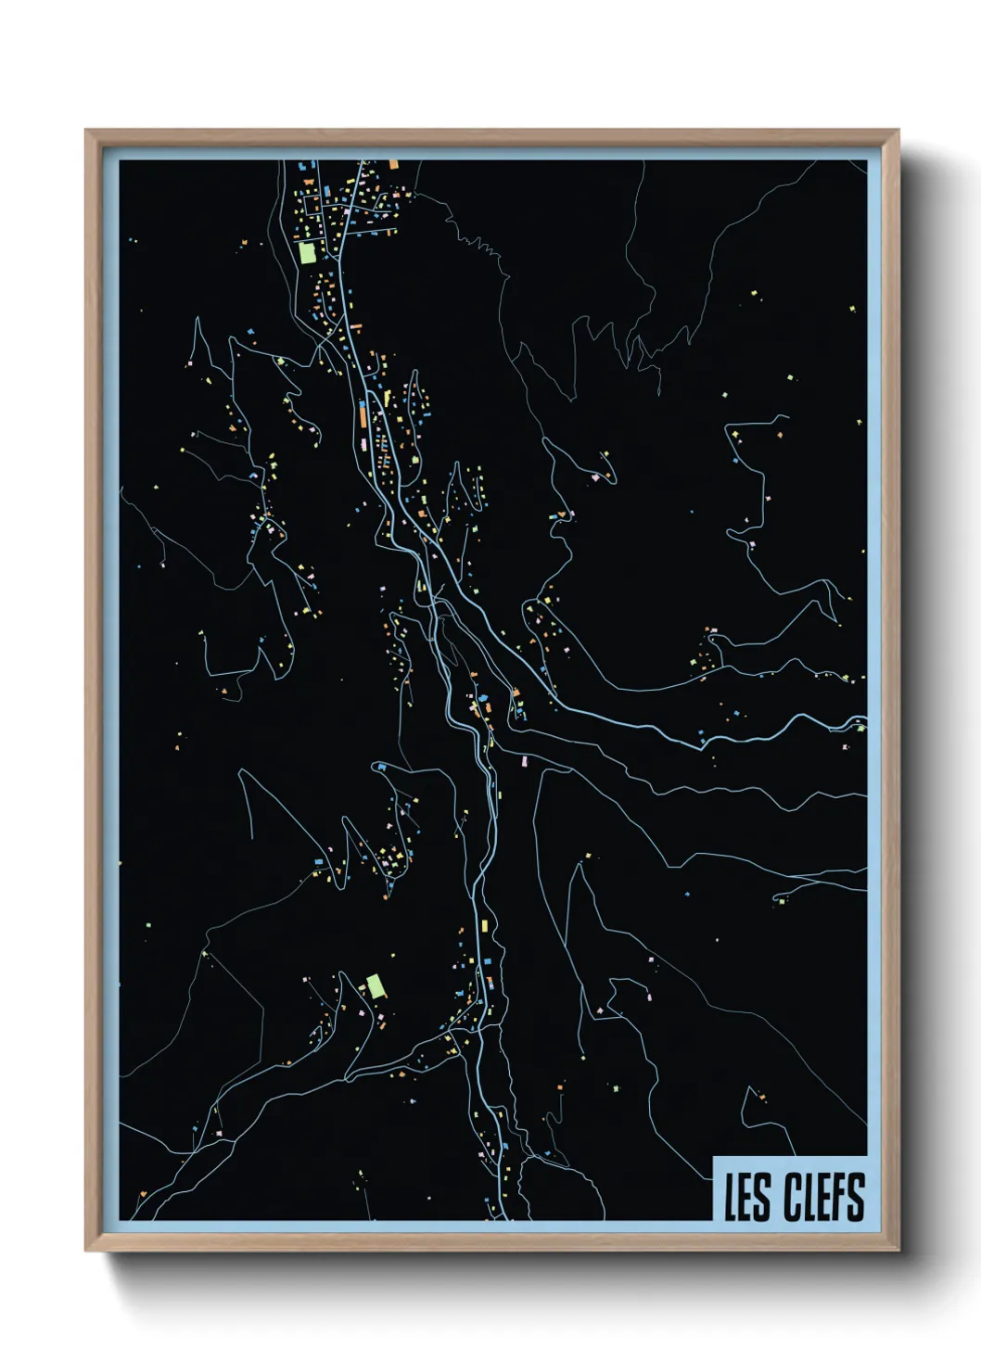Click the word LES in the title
746,1197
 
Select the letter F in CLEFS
839,1197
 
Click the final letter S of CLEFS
856,1197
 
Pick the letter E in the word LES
746,1197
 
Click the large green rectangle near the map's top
307,252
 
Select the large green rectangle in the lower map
376,985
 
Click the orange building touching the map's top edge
393,164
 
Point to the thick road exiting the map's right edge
858,720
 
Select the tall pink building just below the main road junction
523,761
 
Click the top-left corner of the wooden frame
86,131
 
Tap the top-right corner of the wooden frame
898,131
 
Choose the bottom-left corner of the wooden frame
86,1250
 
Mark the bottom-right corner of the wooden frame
898,1250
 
